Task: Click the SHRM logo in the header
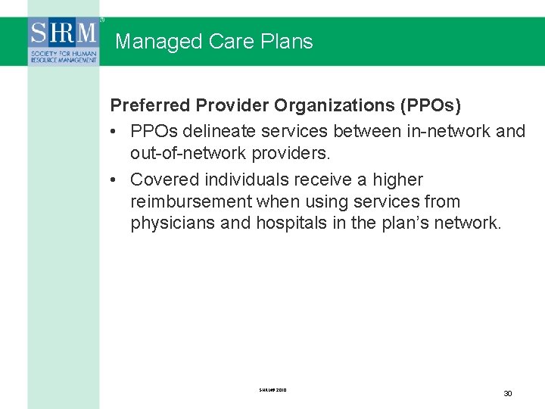coord(64,42)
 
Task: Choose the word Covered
coord(161,180)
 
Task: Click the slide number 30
coord(508,394)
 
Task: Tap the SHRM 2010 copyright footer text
coord(272,391)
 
